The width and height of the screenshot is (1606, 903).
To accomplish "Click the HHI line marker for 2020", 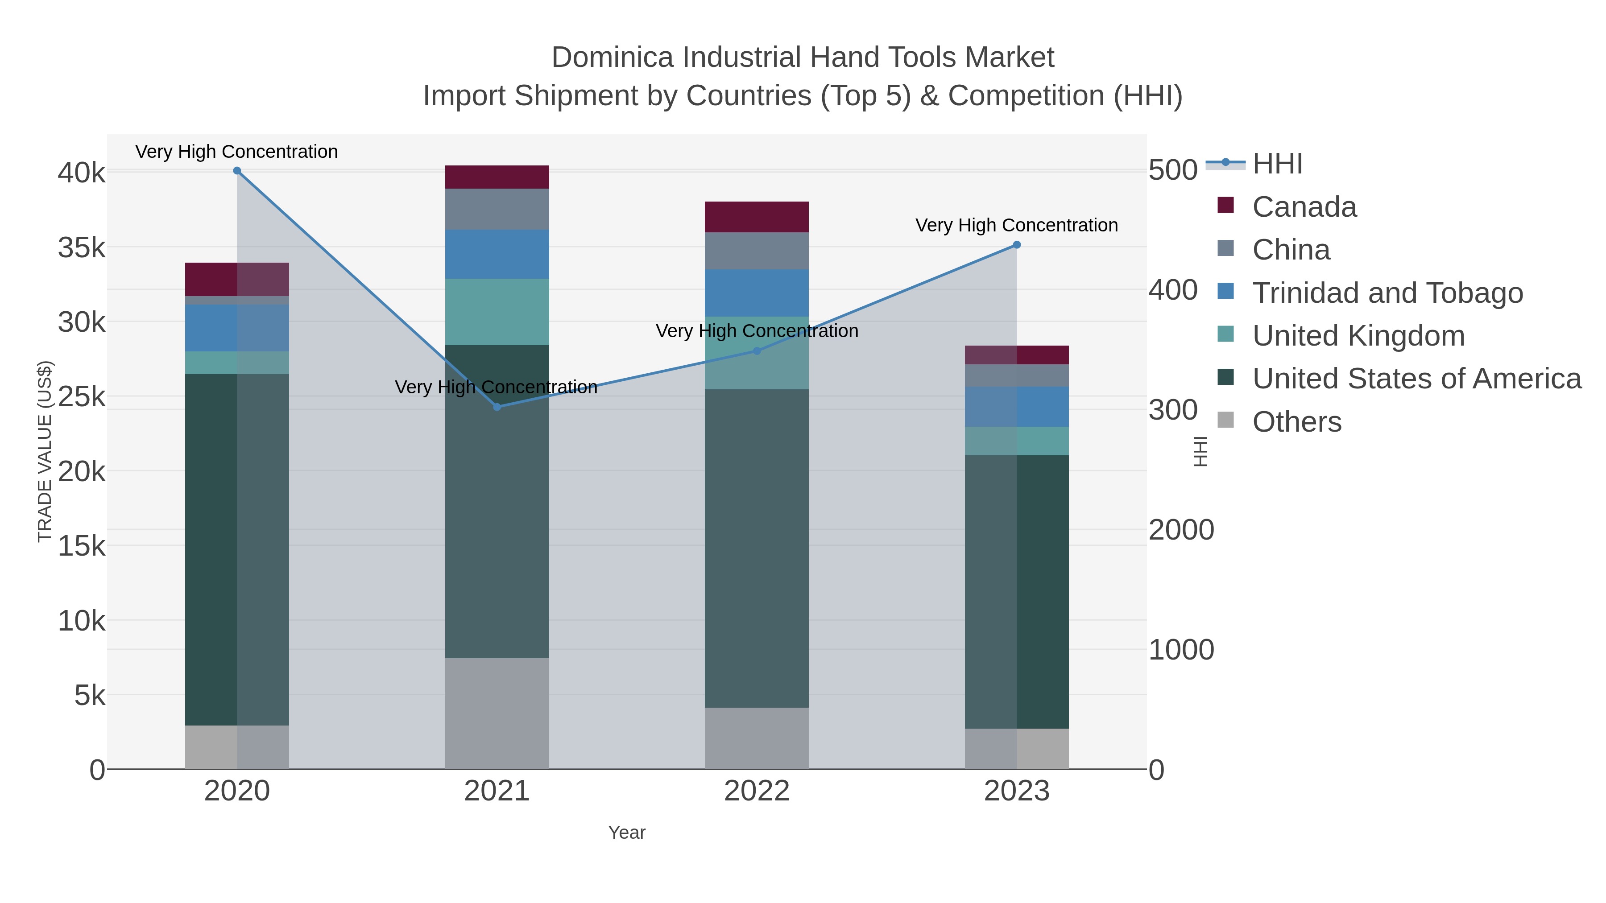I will click(237, 171).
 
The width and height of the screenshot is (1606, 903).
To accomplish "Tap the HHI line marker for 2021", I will click(497, 407).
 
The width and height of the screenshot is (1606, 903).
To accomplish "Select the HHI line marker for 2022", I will click(757, 351).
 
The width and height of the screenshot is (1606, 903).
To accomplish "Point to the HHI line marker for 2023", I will click(1017, 245).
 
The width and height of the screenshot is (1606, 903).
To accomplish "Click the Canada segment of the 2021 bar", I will click(497, 177).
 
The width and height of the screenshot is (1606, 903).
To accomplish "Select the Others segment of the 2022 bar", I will click(757, 738).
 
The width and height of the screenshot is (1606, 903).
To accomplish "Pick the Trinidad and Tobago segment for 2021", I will click(497, 254).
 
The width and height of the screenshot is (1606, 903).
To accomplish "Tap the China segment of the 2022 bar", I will click(757, 251).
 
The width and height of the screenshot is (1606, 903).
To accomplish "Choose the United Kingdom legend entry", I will click(1358, 336).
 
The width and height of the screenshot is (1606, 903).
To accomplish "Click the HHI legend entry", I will click(1277, 164).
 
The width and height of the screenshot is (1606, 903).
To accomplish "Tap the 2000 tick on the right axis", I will click(1181, 530).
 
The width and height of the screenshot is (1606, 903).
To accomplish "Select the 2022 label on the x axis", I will click(757, 792).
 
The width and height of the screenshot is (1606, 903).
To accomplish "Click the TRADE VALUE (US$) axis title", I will click(45, 451).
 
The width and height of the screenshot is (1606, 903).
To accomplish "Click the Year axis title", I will click(627, 833).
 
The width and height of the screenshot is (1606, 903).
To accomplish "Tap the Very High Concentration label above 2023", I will click(1016, 225).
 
